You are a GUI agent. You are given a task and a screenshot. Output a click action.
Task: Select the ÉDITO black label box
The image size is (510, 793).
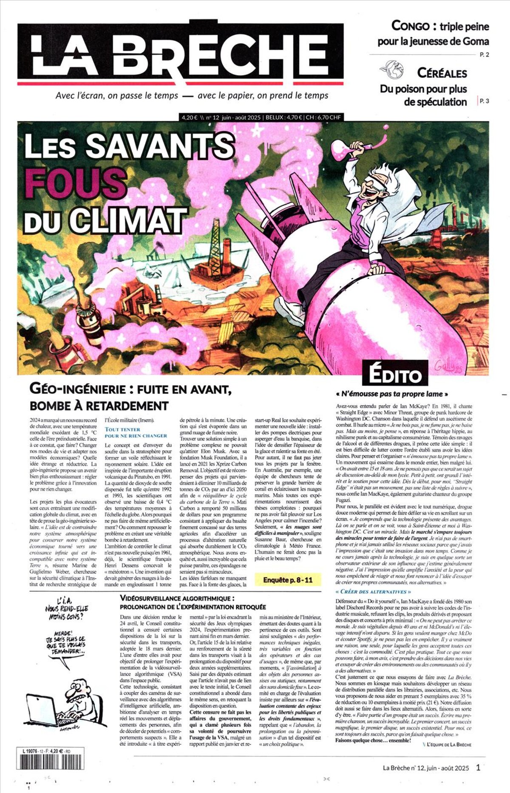(x=395, y=375)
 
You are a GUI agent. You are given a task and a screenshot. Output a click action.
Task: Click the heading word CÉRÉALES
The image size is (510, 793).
(x=442, y=73)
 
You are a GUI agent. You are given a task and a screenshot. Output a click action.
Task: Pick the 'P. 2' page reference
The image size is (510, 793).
(x=484, y=54)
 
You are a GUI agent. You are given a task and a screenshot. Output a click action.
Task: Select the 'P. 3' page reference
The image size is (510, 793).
(x=484, y=101)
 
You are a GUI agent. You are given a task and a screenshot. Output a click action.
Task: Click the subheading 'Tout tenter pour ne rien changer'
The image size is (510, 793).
(x=130, y=433)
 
